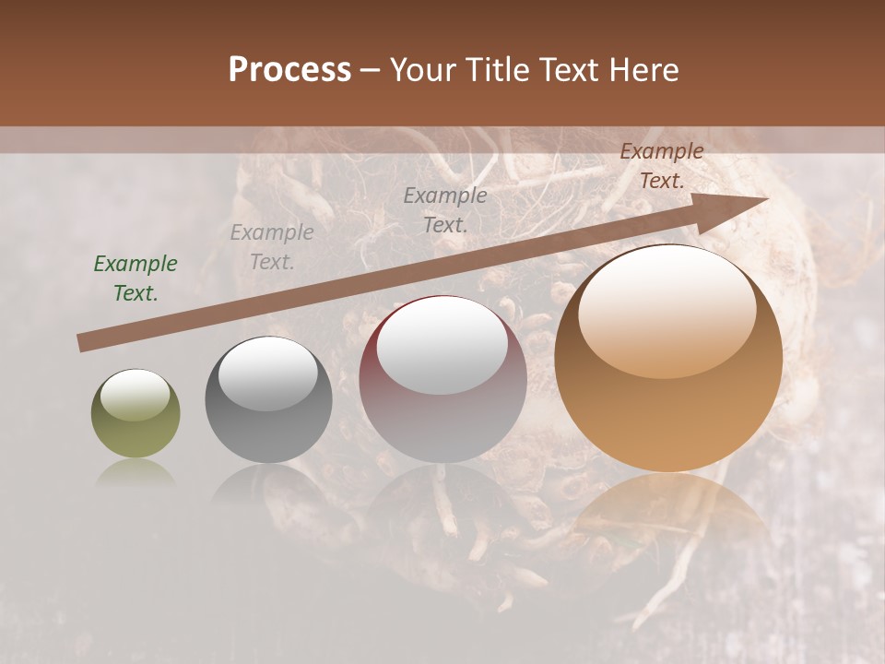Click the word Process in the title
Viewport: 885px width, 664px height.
coord(289,70)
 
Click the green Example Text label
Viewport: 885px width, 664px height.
coord(136,279)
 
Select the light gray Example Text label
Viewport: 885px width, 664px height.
coord(272,247)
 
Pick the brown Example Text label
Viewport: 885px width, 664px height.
coord(662,166)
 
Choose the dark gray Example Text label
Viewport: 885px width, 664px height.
coord(445,209)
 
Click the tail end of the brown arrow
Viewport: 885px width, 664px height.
coord(83,343)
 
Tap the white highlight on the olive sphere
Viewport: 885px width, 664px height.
coord(136,395)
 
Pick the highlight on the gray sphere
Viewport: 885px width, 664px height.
coord(268,373)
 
